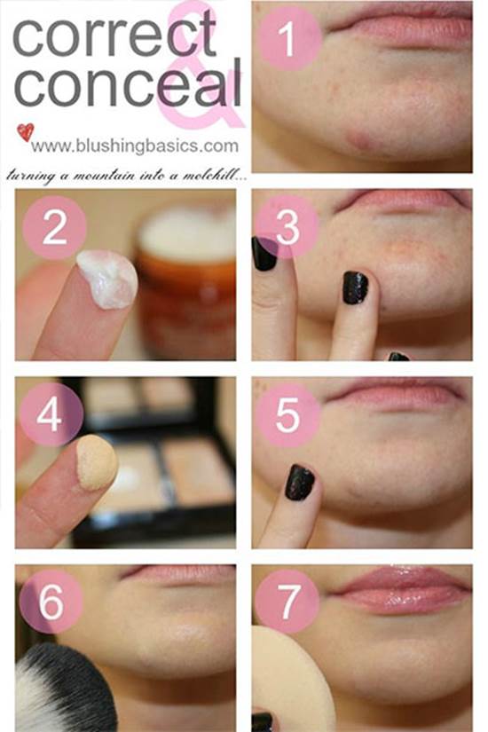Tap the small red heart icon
click(x=26, y=132)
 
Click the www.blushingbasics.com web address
click(x=135, y=146)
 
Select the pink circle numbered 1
click(x=289, y=39)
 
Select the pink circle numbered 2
click(x=55, y=227)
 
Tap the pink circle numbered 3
click(x=287, y=227)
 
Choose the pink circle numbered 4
click(x=51, y=415)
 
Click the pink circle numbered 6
click(x=51, y=602)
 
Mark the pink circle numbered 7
click(x=287, y=602)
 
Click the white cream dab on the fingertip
click(x=108, y=279)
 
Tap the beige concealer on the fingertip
click(x=97, y=462)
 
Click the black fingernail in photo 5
click(x=299, y=483)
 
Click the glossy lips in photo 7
click(x=403, y=590)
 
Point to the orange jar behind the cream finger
click(x=187, y=280)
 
